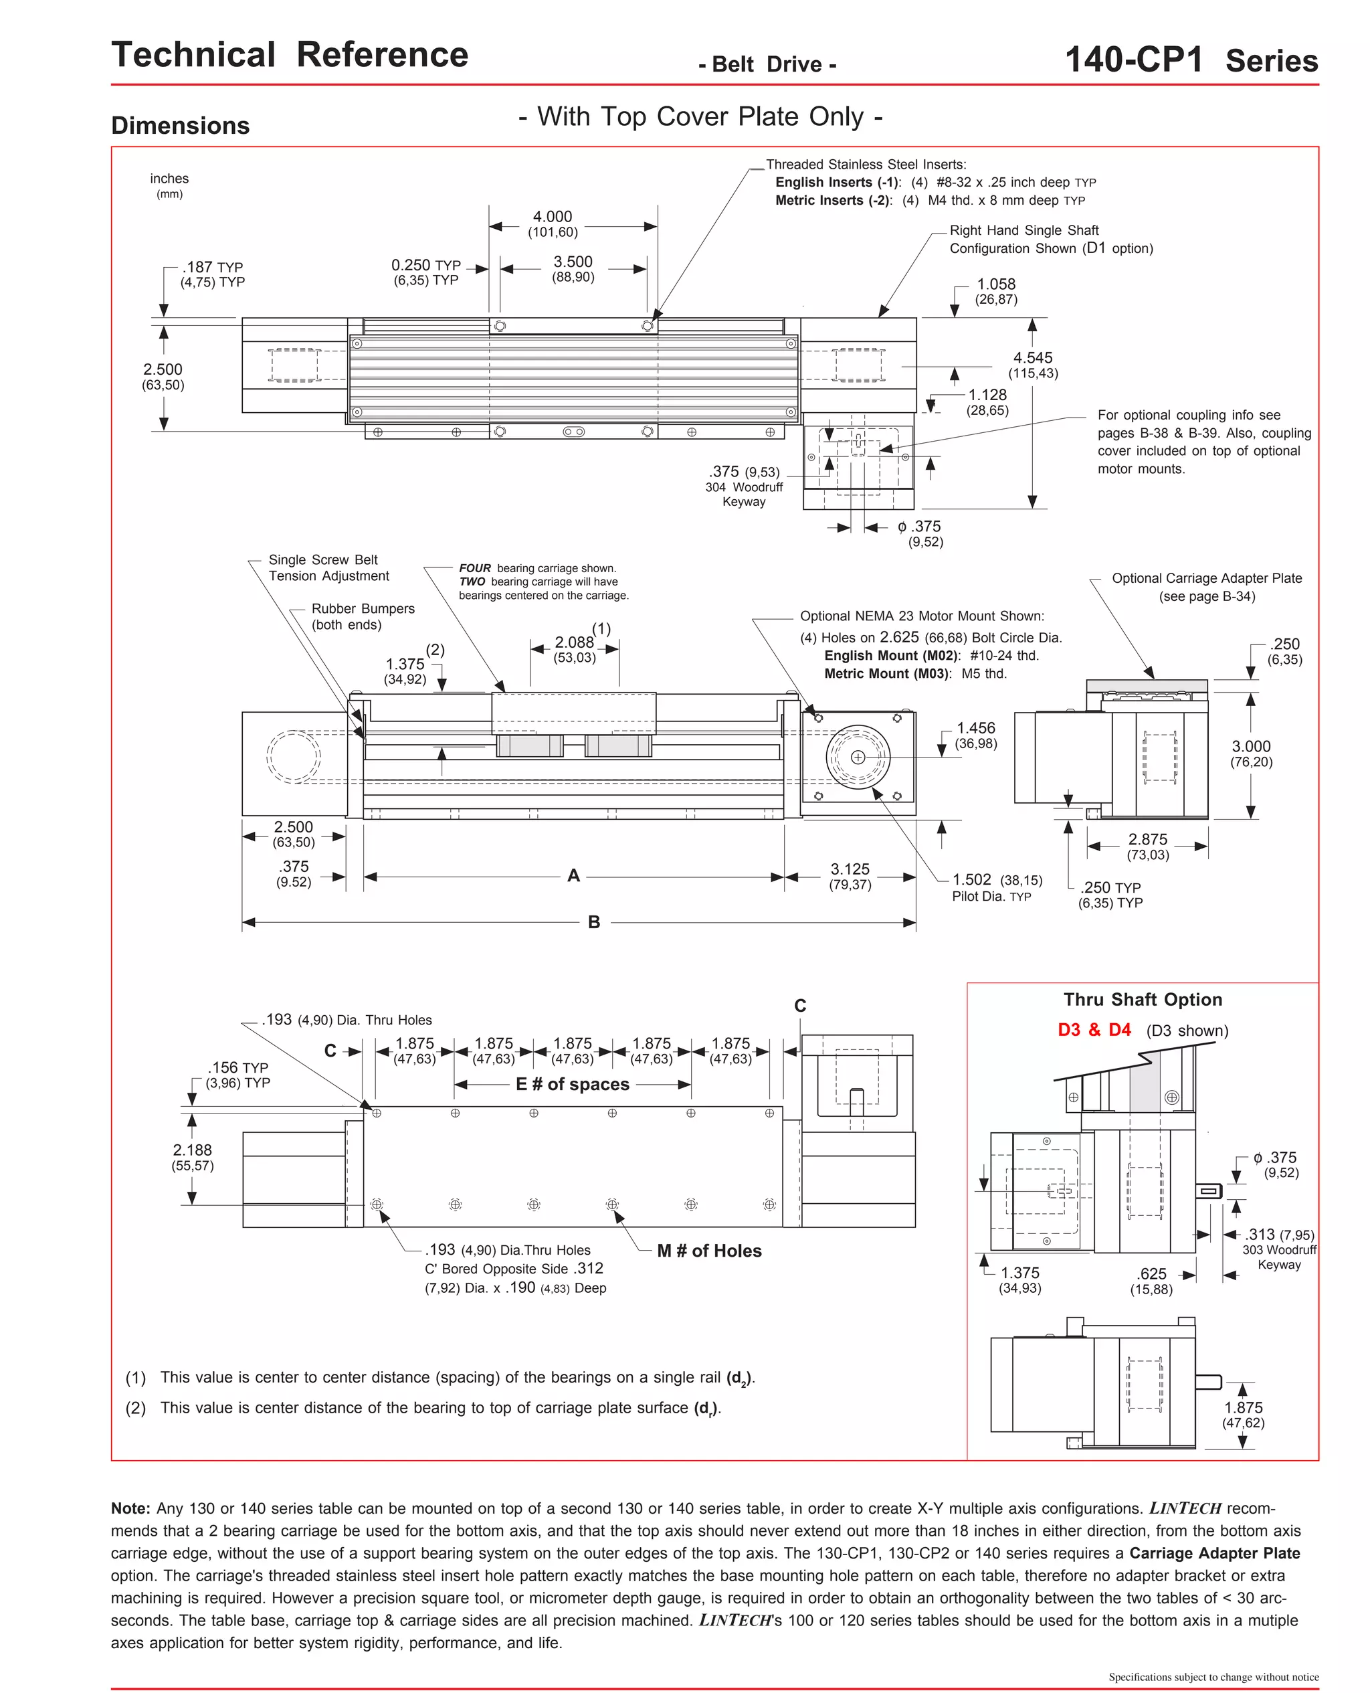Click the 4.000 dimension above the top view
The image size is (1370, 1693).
[x=553, y=217]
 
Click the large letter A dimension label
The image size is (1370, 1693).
[x=574, y=875]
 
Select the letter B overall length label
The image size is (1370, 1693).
[x=594, y=922]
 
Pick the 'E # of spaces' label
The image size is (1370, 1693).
[x=572, y=1085]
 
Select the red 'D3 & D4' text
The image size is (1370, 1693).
[x=1094, y=1030]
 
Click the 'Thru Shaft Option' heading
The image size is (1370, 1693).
[x=1142, y=999]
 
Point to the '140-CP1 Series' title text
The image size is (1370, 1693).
[x=1191, y=60]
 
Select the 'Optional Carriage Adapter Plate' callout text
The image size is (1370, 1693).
[x=1206, y=579]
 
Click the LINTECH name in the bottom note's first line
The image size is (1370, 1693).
[x=1185, y=1508]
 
